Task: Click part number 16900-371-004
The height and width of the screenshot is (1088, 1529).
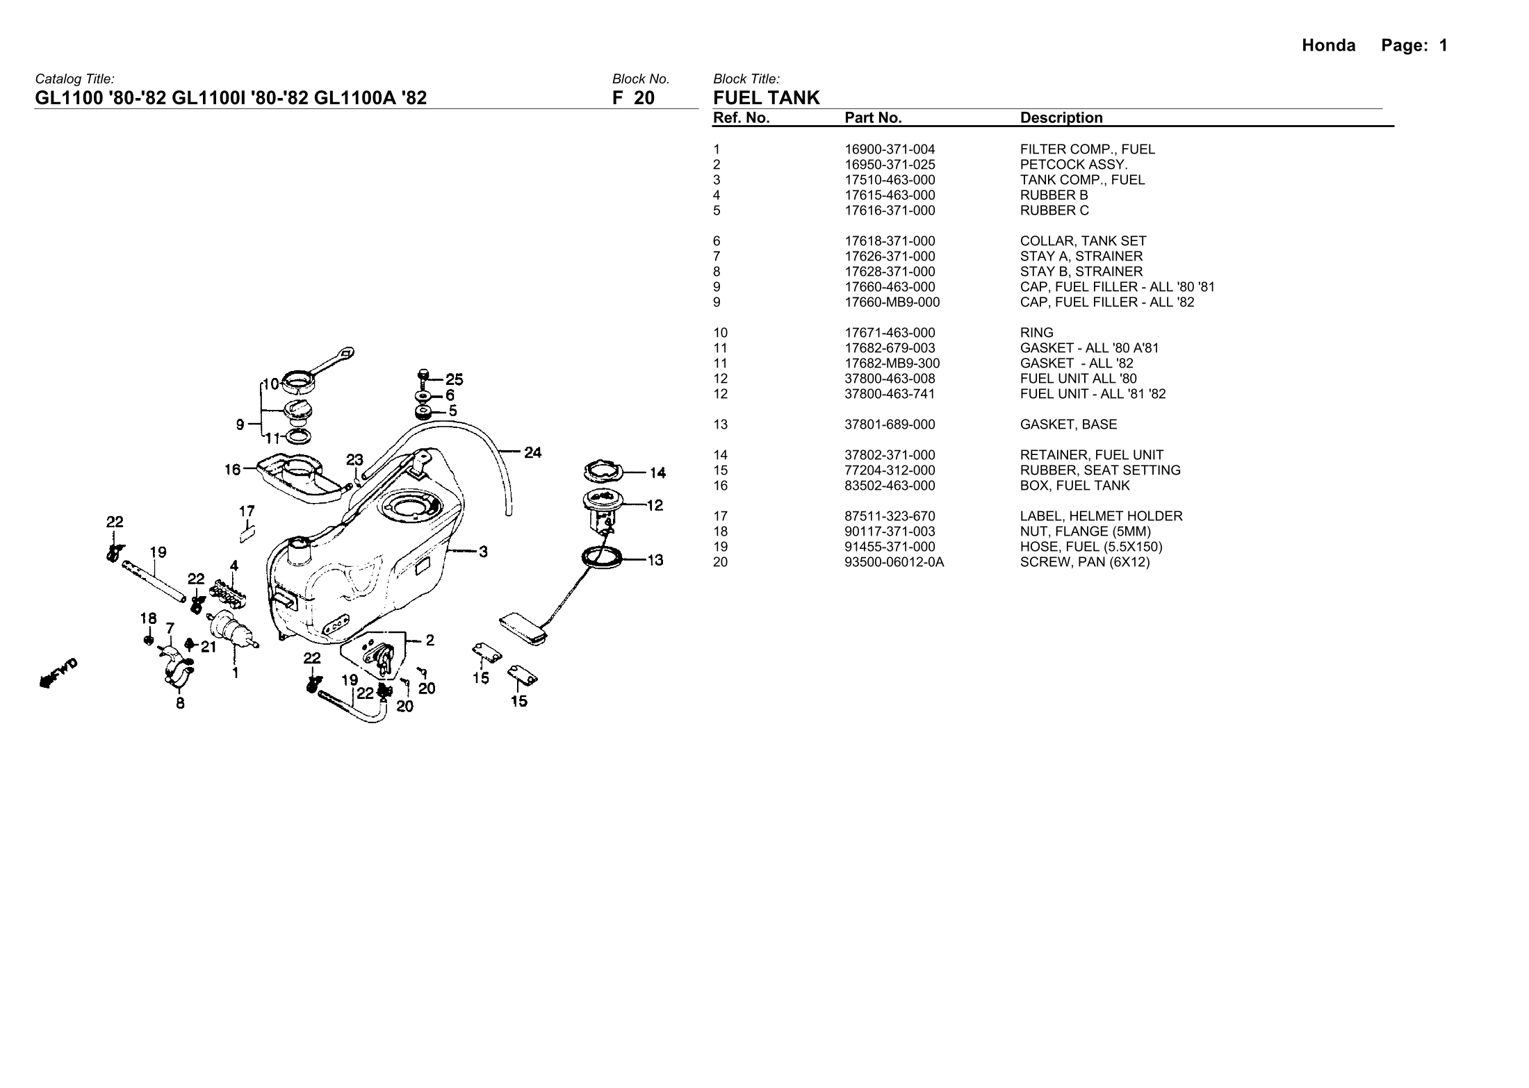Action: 890,149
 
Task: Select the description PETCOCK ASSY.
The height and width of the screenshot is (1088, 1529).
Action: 1074,165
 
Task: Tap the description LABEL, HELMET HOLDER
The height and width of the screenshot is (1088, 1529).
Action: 1101,516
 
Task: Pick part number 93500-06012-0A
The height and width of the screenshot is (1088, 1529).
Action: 894,562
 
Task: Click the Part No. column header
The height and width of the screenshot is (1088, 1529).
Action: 873,118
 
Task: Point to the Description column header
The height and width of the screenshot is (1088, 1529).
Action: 1061,118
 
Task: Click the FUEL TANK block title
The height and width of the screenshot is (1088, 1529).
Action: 767,98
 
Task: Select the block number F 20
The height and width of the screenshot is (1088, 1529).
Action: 633,98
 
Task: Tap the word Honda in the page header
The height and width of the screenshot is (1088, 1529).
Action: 1328,46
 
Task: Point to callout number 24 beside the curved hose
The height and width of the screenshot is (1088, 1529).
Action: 532,453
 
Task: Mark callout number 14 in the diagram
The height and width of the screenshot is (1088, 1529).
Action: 657,473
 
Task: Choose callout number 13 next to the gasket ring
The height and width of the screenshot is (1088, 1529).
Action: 655,560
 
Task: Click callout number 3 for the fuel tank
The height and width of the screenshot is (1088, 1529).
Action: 483,552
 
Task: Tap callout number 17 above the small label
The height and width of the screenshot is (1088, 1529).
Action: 247,511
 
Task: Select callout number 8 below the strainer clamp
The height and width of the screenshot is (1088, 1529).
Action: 180,703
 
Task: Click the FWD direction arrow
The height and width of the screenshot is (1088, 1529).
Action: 58,673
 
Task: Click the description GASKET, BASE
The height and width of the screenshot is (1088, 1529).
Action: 1068,425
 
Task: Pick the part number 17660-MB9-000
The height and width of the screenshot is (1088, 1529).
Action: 892,302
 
